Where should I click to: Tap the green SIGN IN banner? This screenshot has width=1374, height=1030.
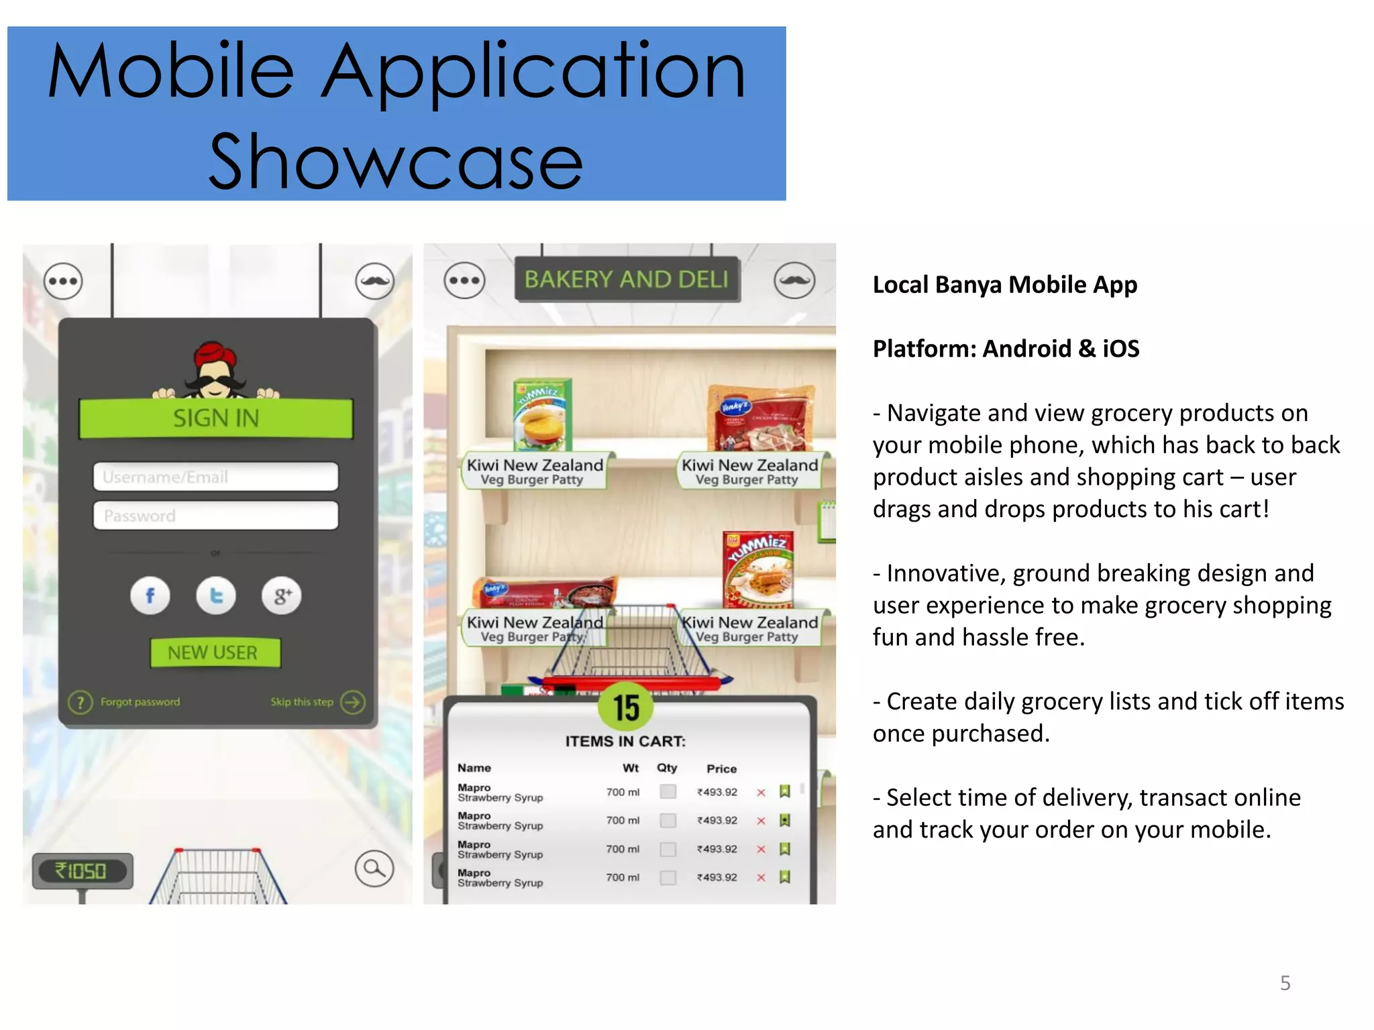(215, 418)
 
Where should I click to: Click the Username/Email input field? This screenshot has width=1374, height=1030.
(215, 477)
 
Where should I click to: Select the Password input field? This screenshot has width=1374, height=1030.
(215, 515)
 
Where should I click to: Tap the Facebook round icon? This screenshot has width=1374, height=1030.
(150, 595)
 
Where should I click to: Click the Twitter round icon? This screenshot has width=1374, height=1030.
(215, 595)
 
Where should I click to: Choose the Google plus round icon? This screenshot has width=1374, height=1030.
(281, 595)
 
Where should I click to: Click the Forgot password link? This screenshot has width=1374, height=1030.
(140, 702)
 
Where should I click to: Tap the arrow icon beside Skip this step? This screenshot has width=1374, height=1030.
(353, 702)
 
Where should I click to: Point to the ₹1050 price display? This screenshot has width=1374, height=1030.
(82, 870)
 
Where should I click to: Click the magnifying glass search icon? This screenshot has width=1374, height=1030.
(374, 868)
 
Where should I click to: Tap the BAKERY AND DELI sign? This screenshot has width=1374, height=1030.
(627, 279)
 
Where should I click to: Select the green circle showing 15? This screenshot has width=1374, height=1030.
(626, 707)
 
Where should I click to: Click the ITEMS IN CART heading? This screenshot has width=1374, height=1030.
(625, 741)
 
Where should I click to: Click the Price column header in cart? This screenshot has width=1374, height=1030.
(721, 768)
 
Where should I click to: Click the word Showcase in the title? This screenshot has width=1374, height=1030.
(396, 161)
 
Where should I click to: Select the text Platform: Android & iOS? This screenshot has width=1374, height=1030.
(1006, 349)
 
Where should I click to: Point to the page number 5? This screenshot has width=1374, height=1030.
(1285, 983)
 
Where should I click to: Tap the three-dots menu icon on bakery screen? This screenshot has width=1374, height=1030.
(464, 280)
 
